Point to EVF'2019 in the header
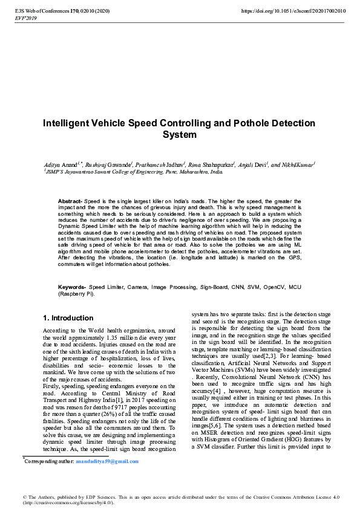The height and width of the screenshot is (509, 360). click(26, 18)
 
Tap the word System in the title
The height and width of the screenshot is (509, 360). click(180, 135)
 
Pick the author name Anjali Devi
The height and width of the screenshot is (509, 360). click(253, 164)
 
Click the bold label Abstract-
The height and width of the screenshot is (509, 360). click(70, 200)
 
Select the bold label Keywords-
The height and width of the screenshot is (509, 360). click(72, 287)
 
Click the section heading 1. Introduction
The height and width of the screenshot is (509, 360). click(67, 318)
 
